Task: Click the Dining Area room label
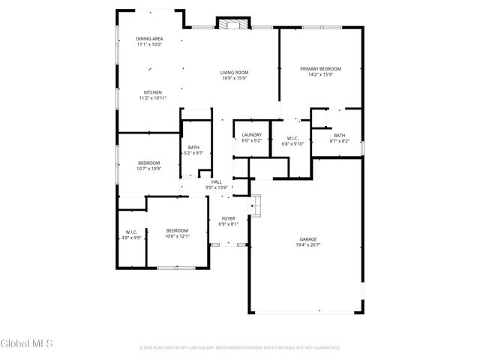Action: [x=148, y=39]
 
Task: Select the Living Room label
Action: [x=235, y=73]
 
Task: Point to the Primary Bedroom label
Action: [x=320, y=69]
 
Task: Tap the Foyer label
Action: [x=228, y=218]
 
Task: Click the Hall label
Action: [x=216, y=181]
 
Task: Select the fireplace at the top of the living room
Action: [x=229, y=24]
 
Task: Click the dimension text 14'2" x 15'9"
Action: [x=320, y=74]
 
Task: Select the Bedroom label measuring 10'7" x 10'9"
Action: [x=148, y=163]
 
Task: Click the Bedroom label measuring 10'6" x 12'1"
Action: [x=177, y=230]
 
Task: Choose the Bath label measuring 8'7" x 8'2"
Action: [x=340, y=136]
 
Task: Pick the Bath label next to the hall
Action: [x=193, y=148]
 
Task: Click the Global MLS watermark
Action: [x=26, y=344]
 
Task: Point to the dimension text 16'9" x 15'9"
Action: [x=235, y=78]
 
